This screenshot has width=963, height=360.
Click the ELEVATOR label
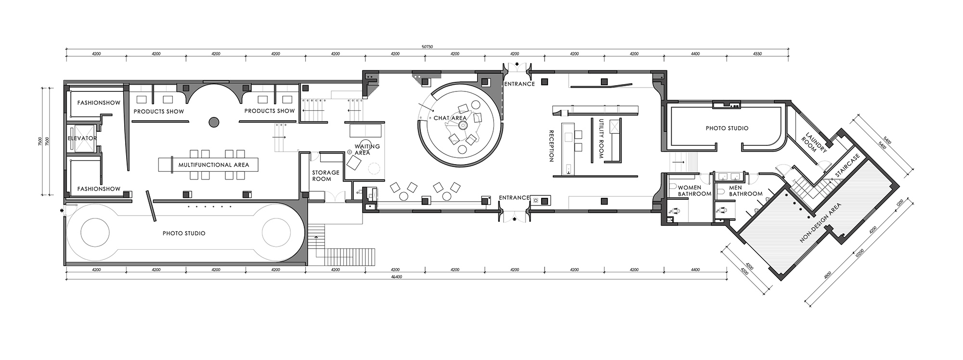pos(82,139)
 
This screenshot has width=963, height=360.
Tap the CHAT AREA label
pos(450,118)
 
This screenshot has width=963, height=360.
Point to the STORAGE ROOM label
pos(325,176)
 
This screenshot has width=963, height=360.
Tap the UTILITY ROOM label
pos(598,139)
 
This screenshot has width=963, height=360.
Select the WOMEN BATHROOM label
pos(694,191)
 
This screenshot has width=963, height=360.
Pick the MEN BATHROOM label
pos(746,191)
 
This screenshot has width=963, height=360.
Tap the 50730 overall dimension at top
pos(427,47)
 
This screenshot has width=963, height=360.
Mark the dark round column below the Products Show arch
pos(213,122)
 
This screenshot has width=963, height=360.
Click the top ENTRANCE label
pos(520,84)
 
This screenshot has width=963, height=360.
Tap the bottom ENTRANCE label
pos(514,198)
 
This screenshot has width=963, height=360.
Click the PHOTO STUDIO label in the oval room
pos(184,233)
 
